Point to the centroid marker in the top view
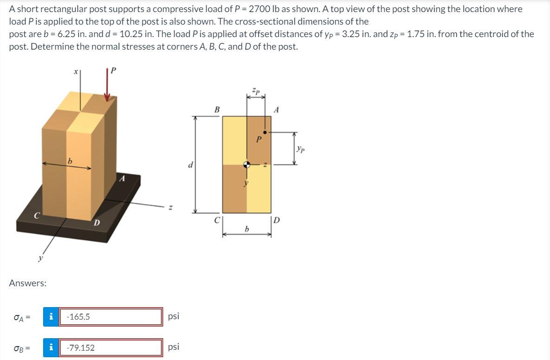[247, 164]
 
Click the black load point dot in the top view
[265, 132]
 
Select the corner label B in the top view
[217, 110]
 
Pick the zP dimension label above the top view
[256, 89]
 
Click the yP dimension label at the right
[301, 149]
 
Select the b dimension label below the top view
[247, 229]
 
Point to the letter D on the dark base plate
[96, 223]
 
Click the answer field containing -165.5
[111, 317]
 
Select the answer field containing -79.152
[111, 347]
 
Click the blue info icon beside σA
[51, 317]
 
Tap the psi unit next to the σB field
[173, 347]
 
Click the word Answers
[28, 283]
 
